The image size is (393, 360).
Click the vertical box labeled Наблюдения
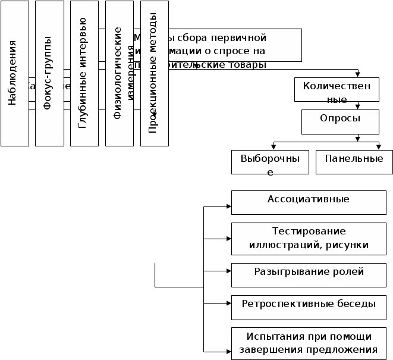pos(14,73)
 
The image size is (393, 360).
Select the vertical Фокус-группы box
pos(49,73)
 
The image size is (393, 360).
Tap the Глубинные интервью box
pos(84,73)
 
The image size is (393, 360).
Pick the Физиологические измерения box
pos(119,73)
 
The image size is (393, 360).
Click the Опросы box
pos(340,121)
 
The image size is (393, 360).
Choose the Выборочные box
pos(270,162)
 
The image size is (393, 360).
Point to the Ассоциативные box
pos(309,202)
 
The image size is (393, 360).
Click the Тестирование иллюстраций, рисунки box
pos(309,239)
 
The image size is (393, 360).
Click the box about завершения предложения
pos(309,343)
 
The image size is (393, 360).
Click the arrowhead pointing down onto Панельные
pos(378,147)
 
